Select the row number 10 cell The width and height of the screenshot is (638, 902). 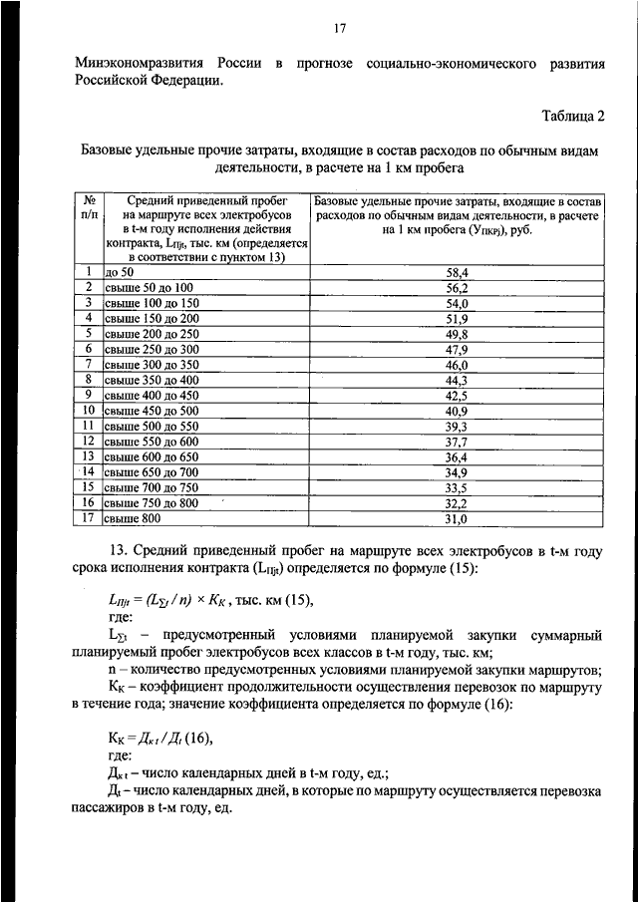coord(88,410)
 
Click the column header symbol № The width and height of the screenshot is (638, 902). coord(89,200)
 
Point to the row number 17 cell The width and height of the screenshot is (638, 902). coord(88,517)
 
